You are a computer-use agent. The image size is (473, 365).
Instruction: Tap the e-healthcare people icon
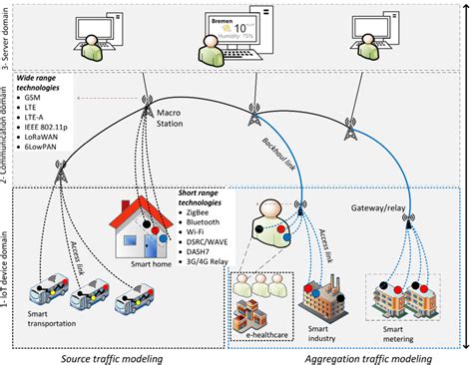pos(257,294)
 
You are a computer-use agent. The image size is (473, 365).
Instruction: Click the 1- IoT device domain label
pos(7,269)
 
